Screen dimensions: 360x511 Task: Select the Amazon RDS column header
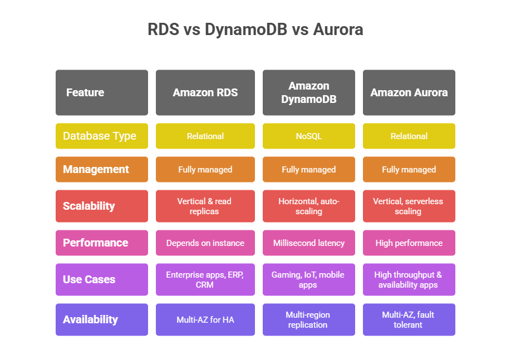click(205, 92)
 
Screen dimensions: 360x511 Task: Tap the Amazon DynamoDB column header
click(308, 92)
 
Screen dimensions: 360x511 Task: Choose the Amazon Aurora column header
click(409, 92)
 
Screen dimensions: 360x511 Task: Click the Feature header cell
click(102, 92)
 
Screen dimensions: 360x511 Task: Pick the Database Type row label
click(102, 136)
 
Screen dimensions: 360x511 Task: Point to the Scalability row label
click(102, 206)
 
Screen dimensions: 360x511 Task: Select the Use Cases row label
click(102, 279)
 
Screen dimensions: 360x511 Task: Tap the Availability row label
click(102, 319)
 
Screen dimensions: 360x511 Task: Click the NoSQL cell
click(308, 136)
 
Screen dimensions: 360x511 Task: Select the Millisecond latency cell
click(308, 243)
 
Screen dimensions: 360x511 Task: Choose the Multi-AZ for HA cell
click(205, 319)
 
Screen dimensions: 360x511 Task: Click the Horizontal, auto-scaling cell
click(308, 206)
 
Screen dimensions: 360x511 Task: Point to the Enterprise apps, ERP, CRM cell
click(205, 279)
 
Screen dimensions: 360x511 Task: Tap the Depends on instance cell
click(205, 243)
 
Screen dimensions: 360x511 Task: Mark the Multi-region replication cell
click(308, 319)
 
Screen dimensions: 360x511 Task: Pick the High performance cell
click(409, 243)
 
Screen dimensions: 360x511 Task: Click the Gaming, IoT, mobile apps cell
click(308, 279)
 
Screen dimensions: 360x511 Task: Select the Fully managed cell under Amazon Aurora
click(409, 169)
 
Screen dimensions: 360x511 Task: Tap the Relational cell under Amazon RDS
click(205, 136)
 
